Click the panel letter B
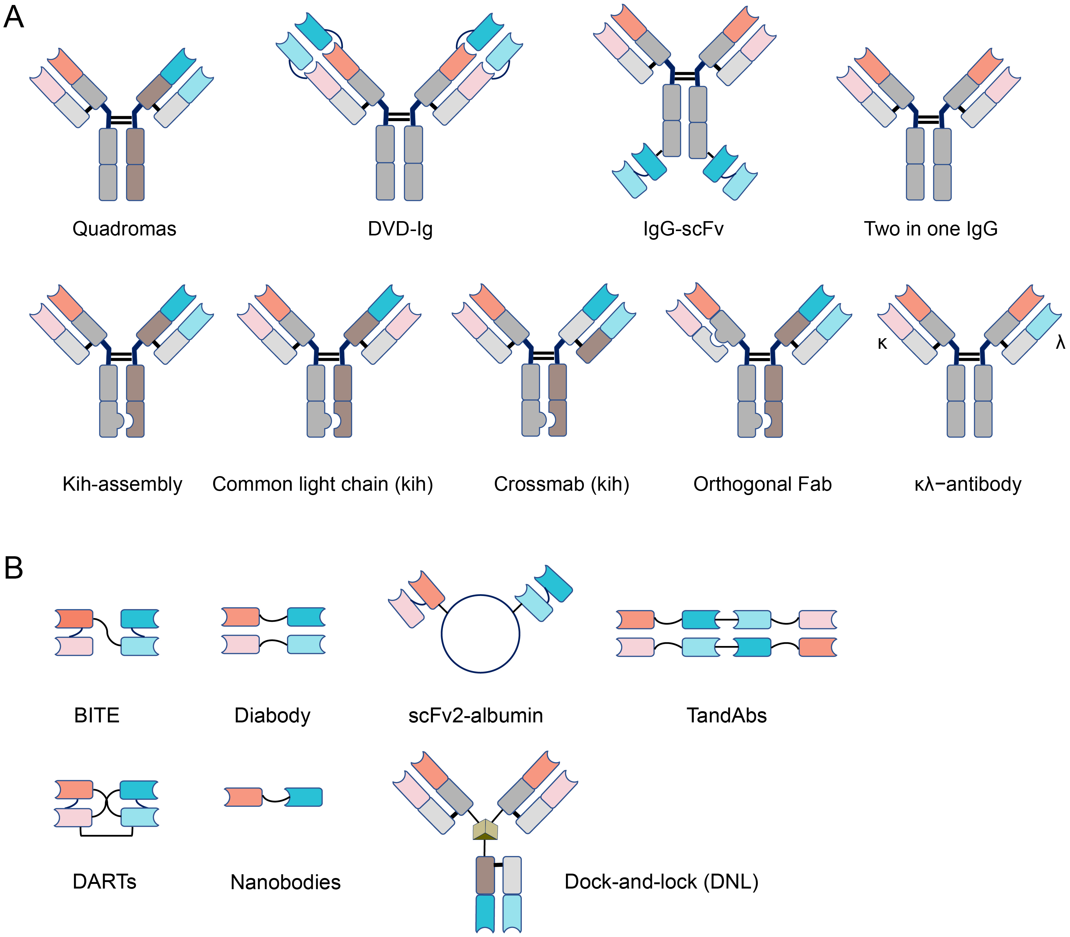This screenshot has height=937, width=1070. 14,567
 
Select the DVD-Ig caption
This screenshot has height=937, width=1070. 400,229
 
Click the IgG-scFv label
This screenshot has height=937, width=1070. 683,229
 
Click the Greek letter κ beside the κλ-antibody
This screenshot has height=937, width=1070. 882,343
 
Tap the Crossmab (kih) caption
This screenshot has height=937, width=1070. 561,484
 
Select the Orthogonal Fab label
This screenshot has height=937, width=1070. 762,484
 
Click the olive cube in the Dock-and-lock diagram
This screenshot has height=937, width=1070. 485,829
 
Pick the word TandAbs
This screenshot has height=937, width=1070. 726,715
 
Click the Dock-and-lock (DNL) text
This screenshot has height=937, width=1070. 661,882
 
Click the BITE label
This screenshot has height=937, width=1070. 97,715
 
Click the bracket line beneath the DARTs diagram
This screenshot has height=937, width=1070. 106,835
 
